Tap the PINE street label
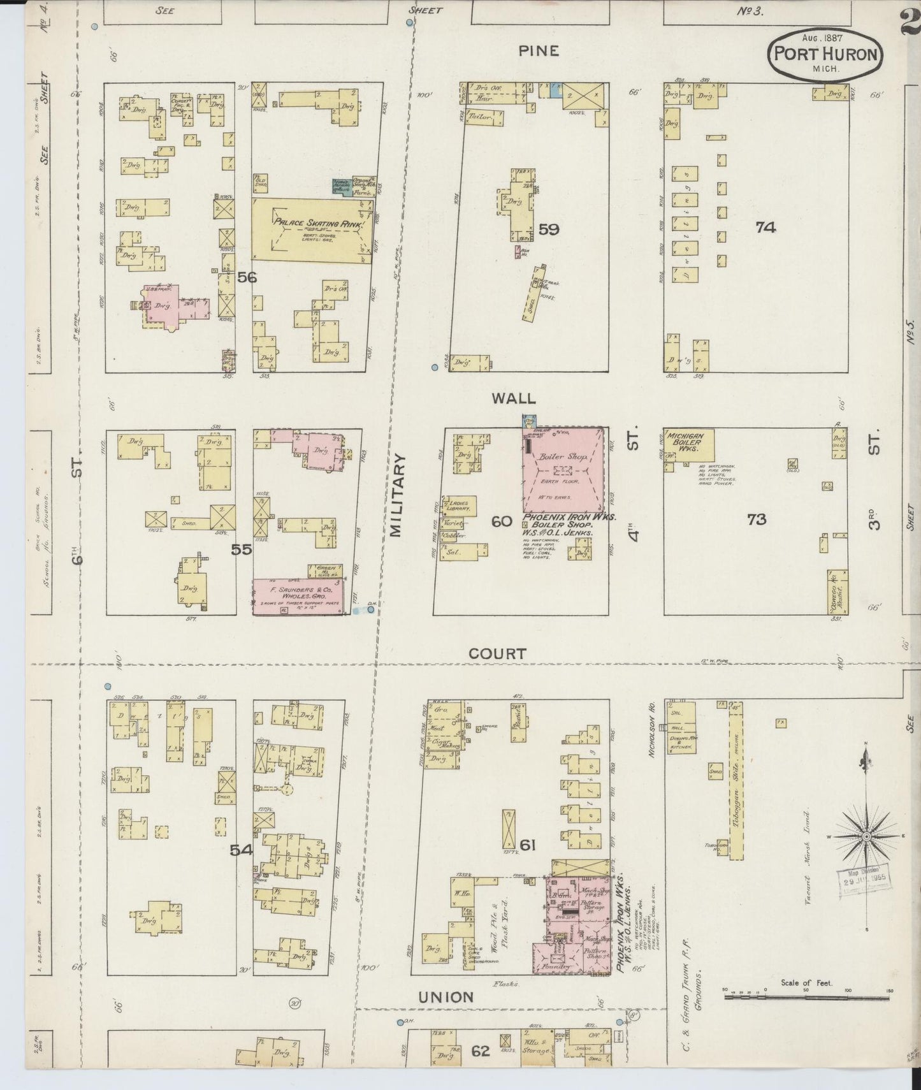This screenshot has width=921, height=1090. pos(539,51)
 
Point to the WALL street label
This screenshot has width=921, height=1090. pos(513,398)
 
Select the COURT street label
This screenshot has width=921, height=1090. pos(497,653)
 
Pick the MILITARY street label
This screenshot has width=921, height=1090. pos(398,495)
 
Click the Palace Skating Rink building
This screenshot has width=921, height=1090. pos(312,229)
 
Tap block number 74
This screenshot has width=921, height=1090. pos(765,227)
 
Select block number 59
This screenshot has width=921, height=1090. pos(548,228)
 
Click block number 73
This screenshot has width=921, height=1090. pos(757,519)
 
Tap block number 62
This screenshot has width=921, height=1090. pos(481,1050)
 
